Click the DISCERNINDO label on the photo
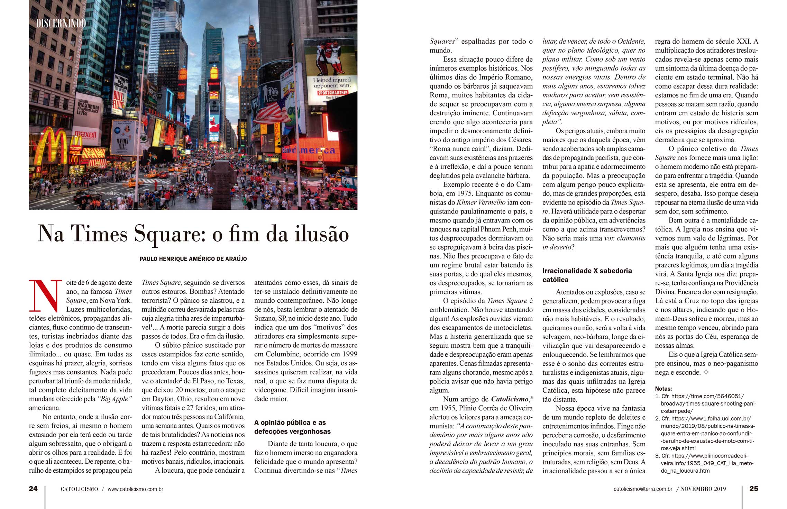click(61, 23)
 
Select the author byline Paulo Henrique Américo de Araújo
click(193, 259)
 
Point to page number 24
click(33, 489)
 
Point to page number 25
click(754, 489)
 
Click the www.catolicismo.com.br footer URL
click(135, 489)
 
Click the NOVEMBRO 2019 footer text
click(703, 489)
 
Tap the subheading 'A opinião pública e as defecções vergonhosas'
click(292, 427)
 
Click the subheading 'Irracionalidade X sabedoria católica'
click(587, 275)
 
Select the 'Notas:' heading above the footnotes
click(664, 389)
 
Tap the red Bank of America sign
click(309, 151)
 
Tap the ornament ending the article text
click(706, 372)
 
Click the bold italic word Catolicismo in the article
click(510, 399)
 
